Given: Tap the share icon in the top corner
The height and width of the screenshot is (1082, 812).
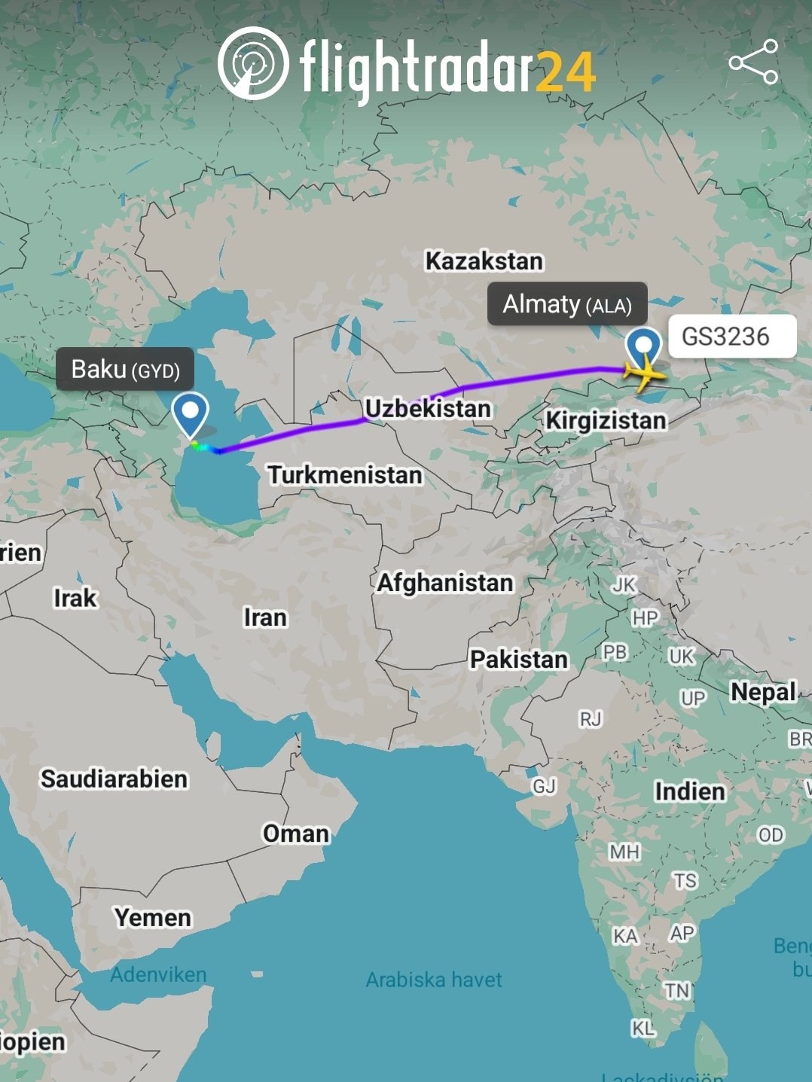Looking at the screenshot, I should point(753,62).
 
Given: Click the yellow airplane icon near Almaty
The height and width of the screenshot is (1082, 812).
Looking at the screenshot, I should point(644,372).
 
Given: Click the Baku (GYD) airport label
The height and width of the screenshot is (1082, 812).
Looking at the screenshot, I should point(125,369).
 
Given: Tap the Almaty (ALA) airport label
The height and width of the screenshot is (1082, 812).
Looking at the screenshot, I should point(566,304).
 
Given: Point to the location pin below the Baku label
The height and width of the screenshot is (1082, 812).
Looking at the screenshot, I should point(190,413).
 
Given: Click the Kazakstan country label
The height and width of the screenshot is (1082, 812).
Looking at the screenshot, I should point(484,261).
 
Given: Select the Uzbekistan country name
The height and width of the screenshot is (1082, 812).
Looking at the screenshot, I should point(428,408).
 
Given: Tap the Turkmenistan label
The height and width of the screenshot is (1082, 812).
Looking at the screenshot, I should point(345,474).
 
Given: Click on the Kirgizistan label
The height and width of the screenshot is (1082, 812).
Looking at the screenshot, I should point(606,420).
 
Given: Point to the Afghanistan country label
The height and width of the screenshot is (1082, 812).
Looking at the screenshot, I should point(445,582).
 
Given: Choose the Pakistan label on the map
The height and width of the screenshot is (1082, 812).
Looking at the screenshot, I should point(519,659).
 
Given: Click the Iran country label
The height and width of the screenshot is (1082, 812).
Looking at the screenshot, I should point(265,617).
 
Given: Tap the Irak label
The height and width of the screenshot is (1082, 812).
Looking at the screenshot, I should point(75,598).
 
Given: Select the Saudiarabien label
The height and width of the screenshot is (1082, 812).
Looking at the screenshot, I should point(114,779).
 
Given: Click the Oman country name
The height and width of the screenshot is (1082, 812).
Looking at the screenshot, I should point(296,834).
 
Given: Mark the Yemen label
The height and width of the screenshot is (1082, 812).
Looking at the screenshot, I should point(153,917).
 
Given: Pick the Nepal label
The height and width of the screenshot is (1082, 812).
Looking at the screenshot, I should point(763,691).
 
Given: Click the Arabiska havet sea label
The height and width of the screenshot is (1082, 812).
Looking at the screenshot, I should point(434,980).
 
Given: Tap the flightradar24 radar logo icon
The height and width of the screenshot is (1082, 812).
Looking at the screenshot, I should point(253,63).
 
